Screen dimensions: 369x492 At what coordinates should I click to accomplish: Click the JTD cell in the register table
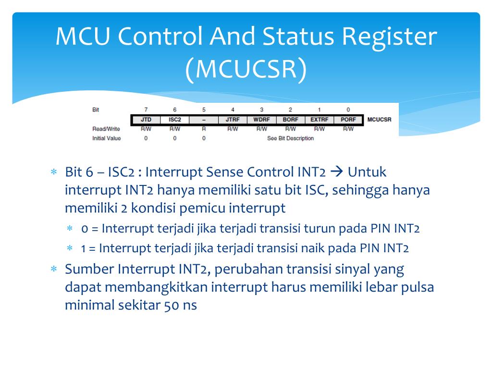pos(146,119)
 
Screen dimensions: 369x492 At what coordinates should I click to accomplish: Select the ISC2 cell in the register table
pos(174,119)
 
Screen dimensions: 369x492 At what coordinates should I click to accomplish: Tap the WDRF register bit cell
pos(261,119)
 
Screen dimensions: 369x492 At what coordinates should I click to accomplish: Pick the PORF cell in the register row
pos(348,119)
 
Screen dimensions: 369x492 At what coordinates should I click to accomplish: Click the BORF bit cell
pos(290,119)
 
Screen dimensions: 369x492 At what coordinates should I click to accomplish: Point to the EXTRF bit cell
pos(319,119)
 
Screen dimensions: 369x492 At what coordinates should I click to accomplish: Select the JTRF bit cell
pos(233,119)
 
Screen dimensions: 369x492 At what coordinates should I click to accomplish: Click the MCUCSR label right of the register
pos(379,119)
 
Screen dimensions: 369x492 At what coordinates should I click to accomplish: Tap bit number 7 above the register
pos(146,110)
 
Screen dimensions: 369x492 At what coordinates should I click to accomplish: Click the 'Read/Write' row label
pos(106,129)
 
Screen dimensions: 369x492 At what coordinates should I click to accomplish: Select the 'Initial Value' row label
pos(106,138)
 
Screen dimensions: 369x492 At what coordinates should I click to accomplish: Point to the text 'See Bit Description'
pos(290,138)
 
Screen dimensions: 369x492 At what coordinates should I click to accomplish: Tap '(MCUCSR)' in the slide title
pos(246,69)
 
